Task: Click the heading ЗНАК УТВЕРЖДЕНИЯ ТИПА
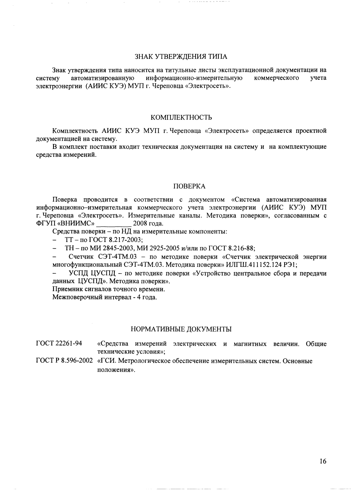pyautogui.click(x=181, y=57)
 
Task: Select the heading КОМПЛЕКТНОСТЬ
pyautogui.click(x=181, y=117)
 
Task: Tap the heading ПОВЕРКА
pyautogui.click(x=189, y=186)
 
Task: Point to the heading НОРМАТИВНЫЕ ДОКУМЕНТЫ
pyautogui.click(x=181, y=329)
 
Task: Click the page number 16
pyautogui.click(x=323, y=462)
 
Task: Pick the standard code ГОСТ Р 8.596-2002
pyautogui.click(x=64, y=361)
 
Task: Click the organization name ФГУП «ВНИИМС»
pyautogui.click(x=65, y=224)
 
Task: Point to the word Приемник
pyautogui.click(x=66, y=289)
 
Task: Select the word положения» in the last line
pyautogui.click(x=116, y=370)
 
